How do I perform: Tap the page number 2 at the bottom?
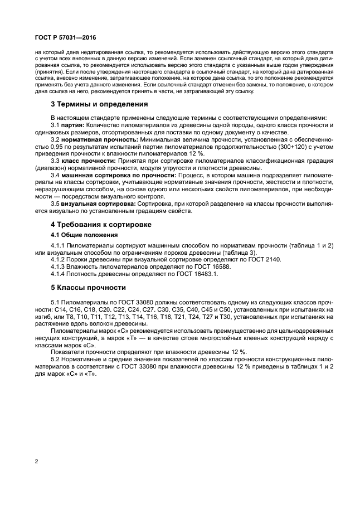[36, 461]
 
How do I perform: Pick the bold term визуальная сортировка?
[96, 204]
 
